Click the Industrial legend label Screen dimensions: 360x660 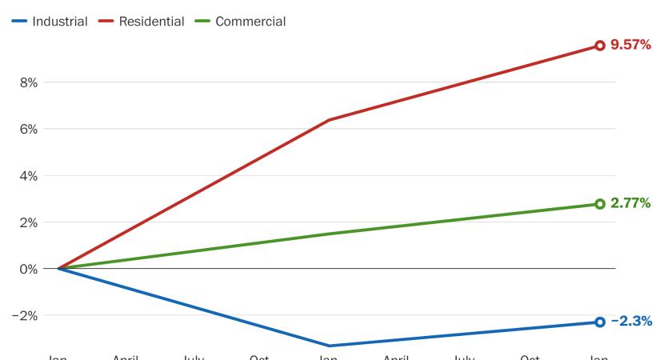60,22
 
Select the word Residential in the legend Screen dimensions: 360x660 151,22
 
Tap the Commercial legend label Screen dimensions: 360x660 250,22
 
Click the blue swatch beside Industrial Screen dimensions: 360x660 19,22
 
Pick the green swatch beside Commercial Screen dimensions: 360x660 202,22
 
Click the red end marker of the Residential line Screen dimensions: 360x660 600,46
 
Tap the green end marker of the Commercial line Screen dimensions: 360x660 600,204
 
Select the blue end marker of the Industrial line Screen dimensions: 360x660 600,322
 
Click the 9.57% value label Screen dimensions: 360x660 630,46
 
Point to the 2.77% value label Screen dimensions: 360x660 630,204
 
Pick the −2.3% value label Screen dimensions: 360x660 631,322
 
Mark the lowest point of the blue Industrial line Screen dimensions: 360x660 329,346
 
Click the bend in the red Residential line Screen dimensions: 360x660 329,120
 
